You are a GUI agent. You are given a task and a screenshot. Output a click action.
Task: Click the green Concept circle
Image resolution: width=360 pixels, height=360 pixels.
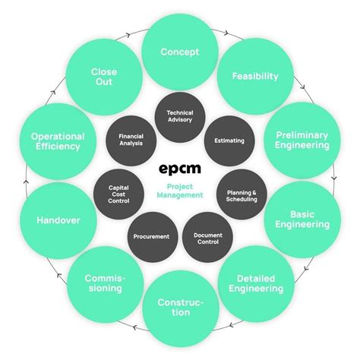click(179, 52)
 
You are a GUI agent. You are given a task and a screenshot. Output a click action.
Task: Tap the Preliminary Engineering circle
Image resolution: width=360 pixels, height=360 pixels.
click(301, 140)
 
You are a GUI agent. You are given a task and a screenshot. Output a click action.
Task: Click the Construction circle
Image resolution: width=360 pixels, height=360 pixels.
click(180, 308)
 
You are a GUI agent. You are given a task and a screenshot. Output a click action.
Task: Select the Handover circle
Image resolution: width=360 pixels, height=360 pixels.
click(58, 221)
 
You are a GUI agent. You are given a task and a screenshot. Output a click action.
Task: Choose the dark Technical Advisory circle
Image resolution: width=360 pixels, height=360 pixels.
click(179, 115)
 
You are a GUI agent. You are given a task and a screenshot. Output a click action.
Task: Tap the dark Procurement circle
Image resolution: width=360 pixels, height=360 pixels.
click(151, 236)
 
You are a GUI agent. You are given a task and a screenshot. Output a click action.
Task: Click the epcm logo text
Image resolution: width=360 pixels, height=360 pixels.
click(180, 168)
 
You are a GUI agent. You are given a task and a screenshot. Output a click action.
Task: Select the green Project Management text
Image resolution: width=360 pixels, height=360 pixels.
click(181, 190)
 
